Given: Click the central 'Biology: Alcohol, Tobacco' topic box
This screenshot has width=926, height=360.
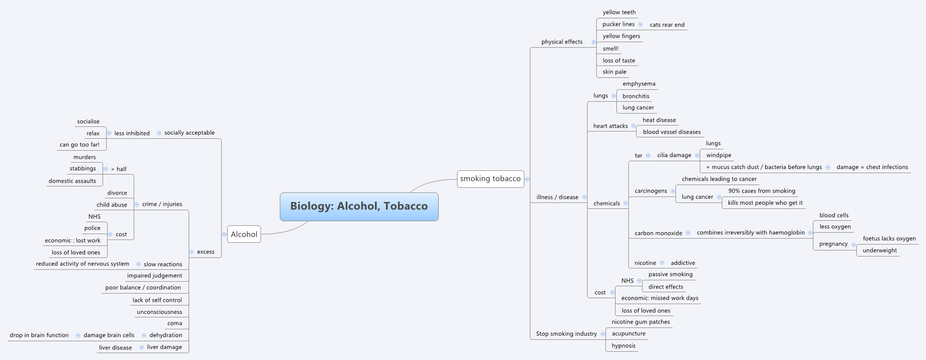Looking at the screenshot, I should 359,207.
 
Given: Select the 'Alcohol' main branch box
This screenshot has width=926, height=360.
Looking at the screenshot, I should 244,235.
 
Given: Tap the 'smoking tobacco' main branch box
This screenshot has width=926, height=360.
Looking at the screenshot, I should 490,179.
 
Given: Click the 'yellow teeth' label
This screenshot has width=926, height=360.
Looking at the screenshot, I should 619,12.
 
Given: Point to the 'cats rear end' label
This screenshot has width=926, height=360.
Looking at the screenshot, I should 667,25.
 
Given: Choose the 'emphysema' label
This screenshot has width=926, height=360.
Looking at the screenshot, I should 638,84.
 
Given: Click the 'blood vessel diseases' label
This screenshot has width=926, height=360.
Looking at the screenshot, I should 671,132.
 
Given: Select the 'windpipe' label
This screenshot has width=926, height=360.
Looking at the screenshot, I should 718,155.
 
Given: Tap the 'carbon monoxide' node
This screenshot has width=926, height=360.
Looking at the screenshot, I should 658,233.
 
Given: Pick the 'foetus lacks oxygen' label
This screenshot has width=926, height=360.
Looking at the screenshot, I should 889,239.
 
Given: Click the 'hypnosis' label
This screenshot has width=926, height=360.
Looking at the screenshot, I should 623,346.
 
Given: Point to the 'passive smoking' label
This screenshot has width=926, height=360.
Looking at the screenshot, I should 670,274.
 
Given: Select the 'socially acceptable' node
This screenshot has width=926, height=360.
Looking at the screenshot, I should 189,133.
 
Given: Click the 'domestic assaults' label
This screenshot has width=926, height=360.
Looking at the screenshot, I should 72,181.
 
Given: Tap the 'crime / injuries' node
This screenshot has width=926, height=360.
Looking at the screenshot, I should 162,204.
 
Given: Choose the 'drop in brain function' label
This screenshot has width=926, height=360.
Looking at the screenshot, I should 39,335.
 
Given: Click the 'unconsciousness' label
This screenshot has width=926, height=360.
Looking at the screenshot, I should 159,312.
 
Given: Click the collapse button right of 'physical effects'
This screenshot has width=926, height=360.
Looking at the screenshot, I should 594,42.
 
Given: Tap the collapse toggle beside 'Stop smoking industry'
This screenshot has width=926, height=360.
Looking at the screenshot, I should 603,334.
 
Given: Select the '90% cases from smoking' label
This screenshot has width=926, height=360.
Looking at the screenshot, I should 761,191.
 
